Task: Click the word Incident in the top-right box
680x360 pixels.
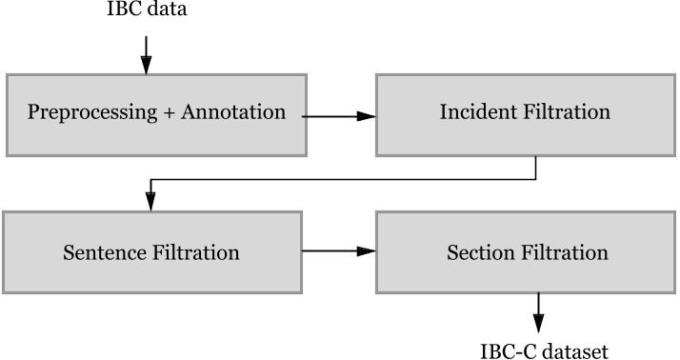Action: pos(477,112)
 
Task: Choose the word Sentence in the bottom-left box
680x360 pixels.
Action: pos(103,253)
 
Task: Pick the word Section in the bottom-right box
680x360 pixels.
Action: pos(479,253)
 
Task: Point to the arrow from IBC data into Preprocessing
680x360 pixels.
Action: pos(146,53)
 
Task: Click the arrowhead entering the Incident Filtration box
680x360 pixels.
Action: pos(368,116)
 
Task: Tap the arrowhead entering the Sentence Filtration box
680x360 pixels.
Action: pos(150,203)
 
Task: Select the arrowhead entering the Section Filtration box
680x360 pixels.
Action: pos(368,252)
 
